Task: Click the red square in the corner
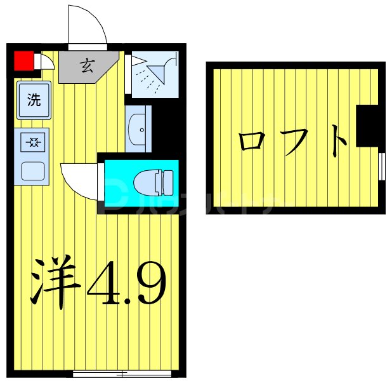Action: click(x=23, y=60)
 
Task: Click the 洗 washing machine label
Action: click(x=34, y=100)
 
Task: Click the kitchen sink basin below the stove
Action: click(x=33, y=171)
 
